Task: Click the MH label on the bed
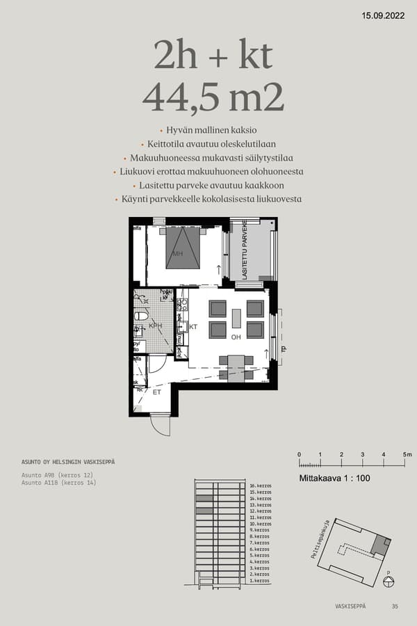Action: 177,253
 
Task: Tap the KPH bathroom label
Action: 156,326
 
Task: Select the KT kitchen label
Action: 193,326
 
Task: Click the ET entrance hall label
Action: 157,393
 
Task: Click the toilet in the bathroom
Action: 141,316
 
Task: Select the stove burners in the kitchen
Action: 183,304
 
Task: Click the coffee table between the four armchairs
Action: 236,318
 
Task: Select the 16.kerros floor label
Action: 261,485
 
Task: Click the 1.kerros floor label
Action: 261,580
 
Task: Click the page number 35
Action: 395,607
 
